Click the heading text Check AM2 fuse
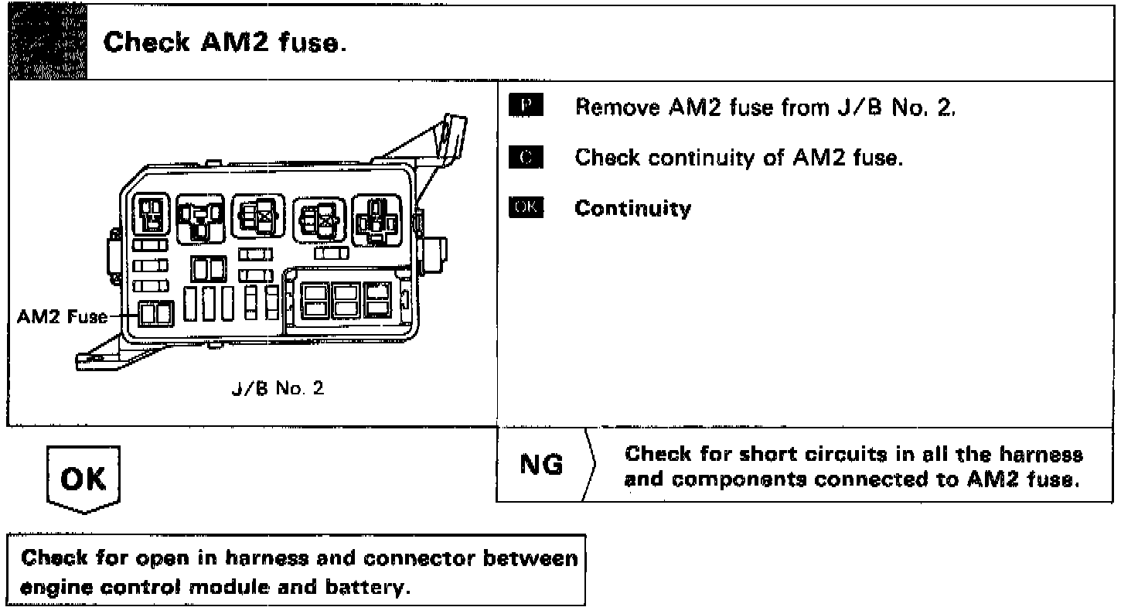pos(225,43)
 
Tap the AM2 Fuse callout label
pos(63,317)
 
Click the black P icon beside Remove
pos(526,107)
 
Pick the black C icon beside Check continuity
pos(526,158)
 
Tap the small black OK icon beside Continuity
pos(526,208)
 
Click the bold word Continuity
pos(632,208)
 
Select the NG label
pos(541,466)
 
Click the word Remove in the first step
pos(615,107)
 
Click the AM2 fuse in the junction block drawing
pos(155,316)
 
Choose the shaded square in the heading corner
pos(46,43)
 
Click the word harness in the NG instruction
pos(1044,454)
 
